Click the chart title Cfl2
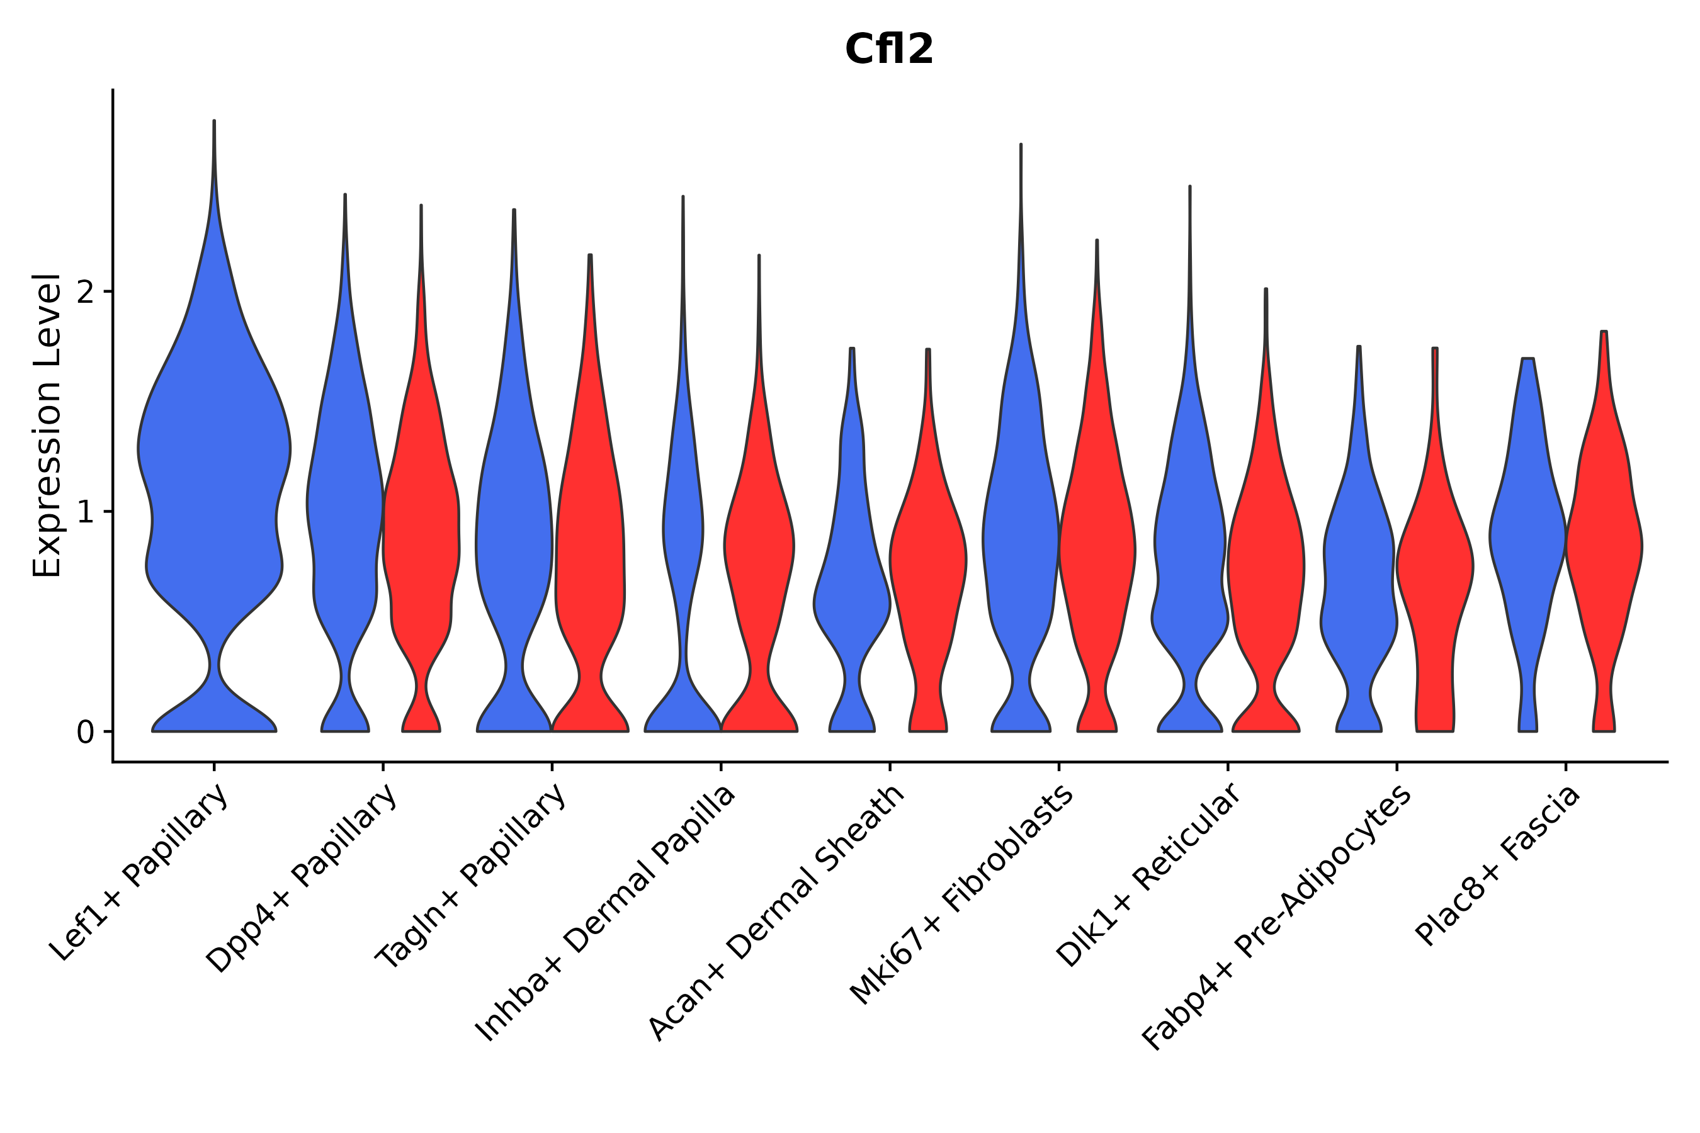tap(889, 50)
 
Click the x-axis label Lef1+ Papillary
tap(140, 874)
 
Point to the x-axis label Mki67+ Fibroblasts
tap(961, 896)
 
